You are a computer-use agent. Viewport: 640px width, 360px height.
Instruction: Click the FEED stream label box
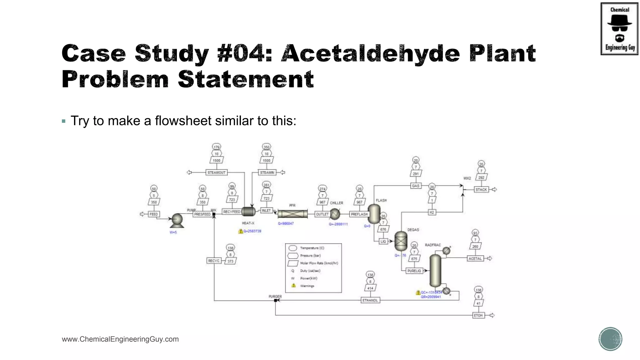[x=153, y=214]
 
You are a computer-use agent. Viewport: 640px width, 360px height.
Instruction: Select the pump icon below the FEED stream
[x=177, y=220]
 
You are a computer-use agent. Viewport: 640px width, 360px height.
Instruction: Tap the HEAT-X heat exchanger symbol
[x=248, y=212]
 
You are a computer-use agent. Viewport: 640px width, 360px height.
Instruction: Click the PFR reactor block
[x=292, y=214]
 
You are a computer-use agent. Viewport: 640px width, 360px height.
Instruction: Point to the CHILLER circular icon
[x=335, y=214]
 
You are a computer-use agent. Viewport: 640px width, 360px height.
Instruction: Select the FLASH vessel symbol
[x=374, y=214]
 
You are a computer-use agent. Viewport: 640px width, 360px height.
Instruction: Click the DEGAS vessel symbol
[x=401, y=241]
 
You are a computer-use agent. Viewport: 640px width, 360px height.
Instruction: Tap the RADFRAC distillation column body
[x=435, y=271]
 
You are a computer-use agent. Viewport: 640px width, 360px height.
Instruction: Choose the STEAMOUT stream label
[x=216, y=172]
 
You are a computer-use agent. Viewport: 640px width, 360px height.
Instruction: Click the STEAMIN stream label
[x=267, y=172]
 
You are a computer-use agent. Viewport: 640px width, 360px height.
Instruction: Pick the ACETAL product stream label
[x=475, y=258]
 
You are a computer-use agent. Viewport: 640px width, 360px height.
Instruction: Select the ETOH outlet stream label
[x=478, y=315]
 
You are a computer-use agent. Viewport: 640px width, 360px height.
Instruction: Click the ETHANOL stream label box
[x=370, y=300]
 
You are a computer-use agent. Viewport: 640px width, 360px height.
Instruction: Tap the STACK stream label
[x=481, y=189]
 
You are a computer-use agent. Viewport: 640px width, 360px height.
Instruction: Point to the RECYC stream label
[x=214, y=261]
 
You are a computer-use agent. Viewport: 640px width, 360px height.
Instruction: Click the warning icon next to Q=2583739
[x=241, y=231]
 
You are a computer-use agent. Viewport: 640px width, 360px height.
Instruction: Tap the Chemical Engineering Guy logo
[x=619, y=29]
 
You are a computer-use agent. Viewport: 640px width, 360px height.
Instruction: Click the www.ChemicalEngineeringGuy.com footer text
[x=120, y=339]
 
